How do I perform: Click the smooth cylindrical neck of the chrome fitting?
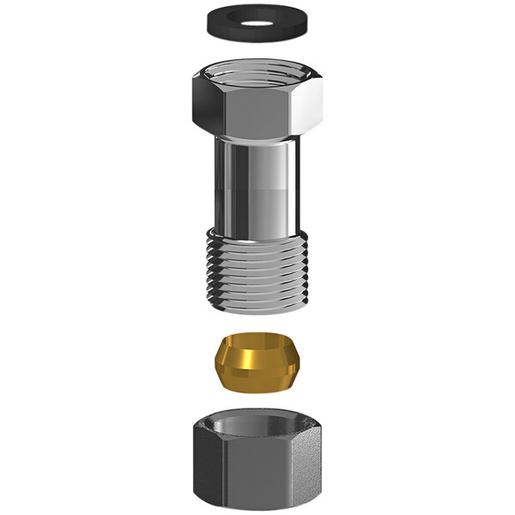pos(257,189)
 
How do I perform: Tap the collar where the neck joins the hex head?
pos(257,140)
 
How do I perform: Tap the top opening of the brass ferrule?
pos(257,341)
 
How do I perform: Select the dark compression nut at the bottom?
pos(257,463)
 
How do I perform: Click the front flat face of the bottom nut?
pos(257,476)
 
